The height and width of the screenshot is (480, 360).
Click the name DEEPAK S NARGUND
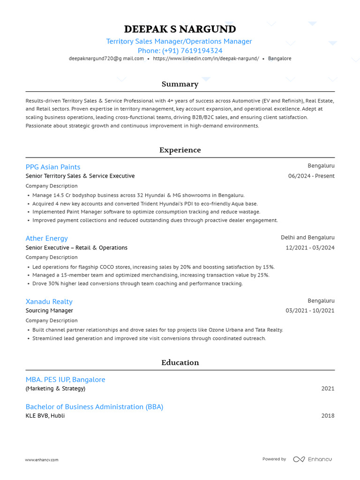[180, 30]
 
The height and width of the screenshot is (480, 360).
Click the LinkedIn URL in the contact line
[206, 59]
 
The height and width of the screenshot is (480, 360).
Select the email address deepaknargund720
[106, 59]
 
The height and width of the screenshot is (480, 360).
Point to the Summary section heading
[180, 84]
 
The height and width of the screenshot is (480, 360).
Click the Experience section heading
[180, 150]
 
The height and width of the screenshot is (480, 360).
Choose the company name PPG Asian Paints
[53, 167]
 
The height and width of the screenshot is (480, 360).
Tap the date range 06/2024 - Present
[311, 176]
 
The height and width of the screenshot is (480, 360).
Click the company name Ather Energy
[46, 238]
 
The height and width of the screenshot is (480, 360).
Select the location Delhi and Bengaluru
[307, 238]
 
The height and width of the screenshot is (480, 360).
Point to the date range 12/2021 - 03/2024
[310, 247]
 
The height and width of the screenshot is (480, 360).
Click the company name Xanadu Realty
[49, 301]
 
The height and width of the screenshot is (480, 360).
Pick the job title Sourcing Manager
[49, 311]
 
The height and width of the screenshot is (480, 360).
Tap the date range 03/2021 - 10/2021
[310, 311]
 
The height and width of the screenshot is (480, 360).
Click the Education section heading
[180, 363]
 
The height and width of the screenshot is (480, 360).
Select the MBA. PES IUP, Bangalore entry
[65, 380]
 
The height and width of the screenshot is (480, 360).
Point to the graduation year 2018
[328, 416]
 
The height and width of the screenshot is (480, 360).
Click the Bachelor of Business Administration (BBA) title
[94, 407]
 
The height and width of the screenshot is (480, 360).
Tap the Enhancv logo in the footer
[312, 459]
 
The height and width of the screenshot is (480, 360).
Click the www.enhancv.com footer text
[42, 460]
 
